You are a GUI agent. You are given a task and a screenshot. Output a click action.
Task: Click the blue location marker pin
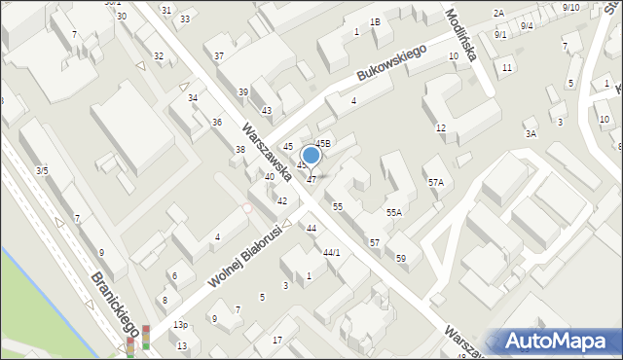[x=311, y=156]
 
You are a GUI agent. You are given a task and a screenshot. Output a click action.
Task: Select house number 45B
[x=323, y=144]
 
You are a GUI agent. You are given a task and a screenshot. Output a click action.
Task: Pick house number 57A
[x=435, y=182]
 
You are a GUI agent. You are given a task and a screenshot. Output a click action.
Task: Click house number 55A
[x=393, y=212]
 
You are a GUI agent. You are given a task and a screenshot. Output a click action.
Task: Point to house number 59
[x=401, y=258]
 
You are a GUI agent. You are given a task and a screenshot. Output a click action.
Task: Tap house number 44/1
[x=332, y=252]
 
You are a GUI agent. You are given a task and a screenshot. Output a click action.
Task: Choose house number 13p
[x=180, y=324]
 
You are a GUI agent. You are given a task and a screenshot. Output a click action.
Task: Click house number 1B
[x=375, y=22]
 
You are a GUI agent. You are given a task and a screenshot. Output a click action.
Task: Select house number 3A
[x=531, y=133]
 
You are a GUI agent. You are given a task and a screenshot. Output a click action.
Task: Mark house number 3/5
[x=42, y=170]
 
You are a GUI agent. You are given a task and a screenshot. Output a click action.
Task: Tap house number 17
[x=277, y=340]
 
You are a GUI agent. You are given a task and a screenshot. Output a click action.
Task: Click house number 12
[x=441, y=128]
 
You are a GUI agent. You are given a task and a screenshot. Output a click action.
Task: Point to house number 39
[x=243, y=91]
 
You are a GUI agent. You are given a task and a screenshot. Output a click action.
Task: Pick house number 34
[x=193, y=98]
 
